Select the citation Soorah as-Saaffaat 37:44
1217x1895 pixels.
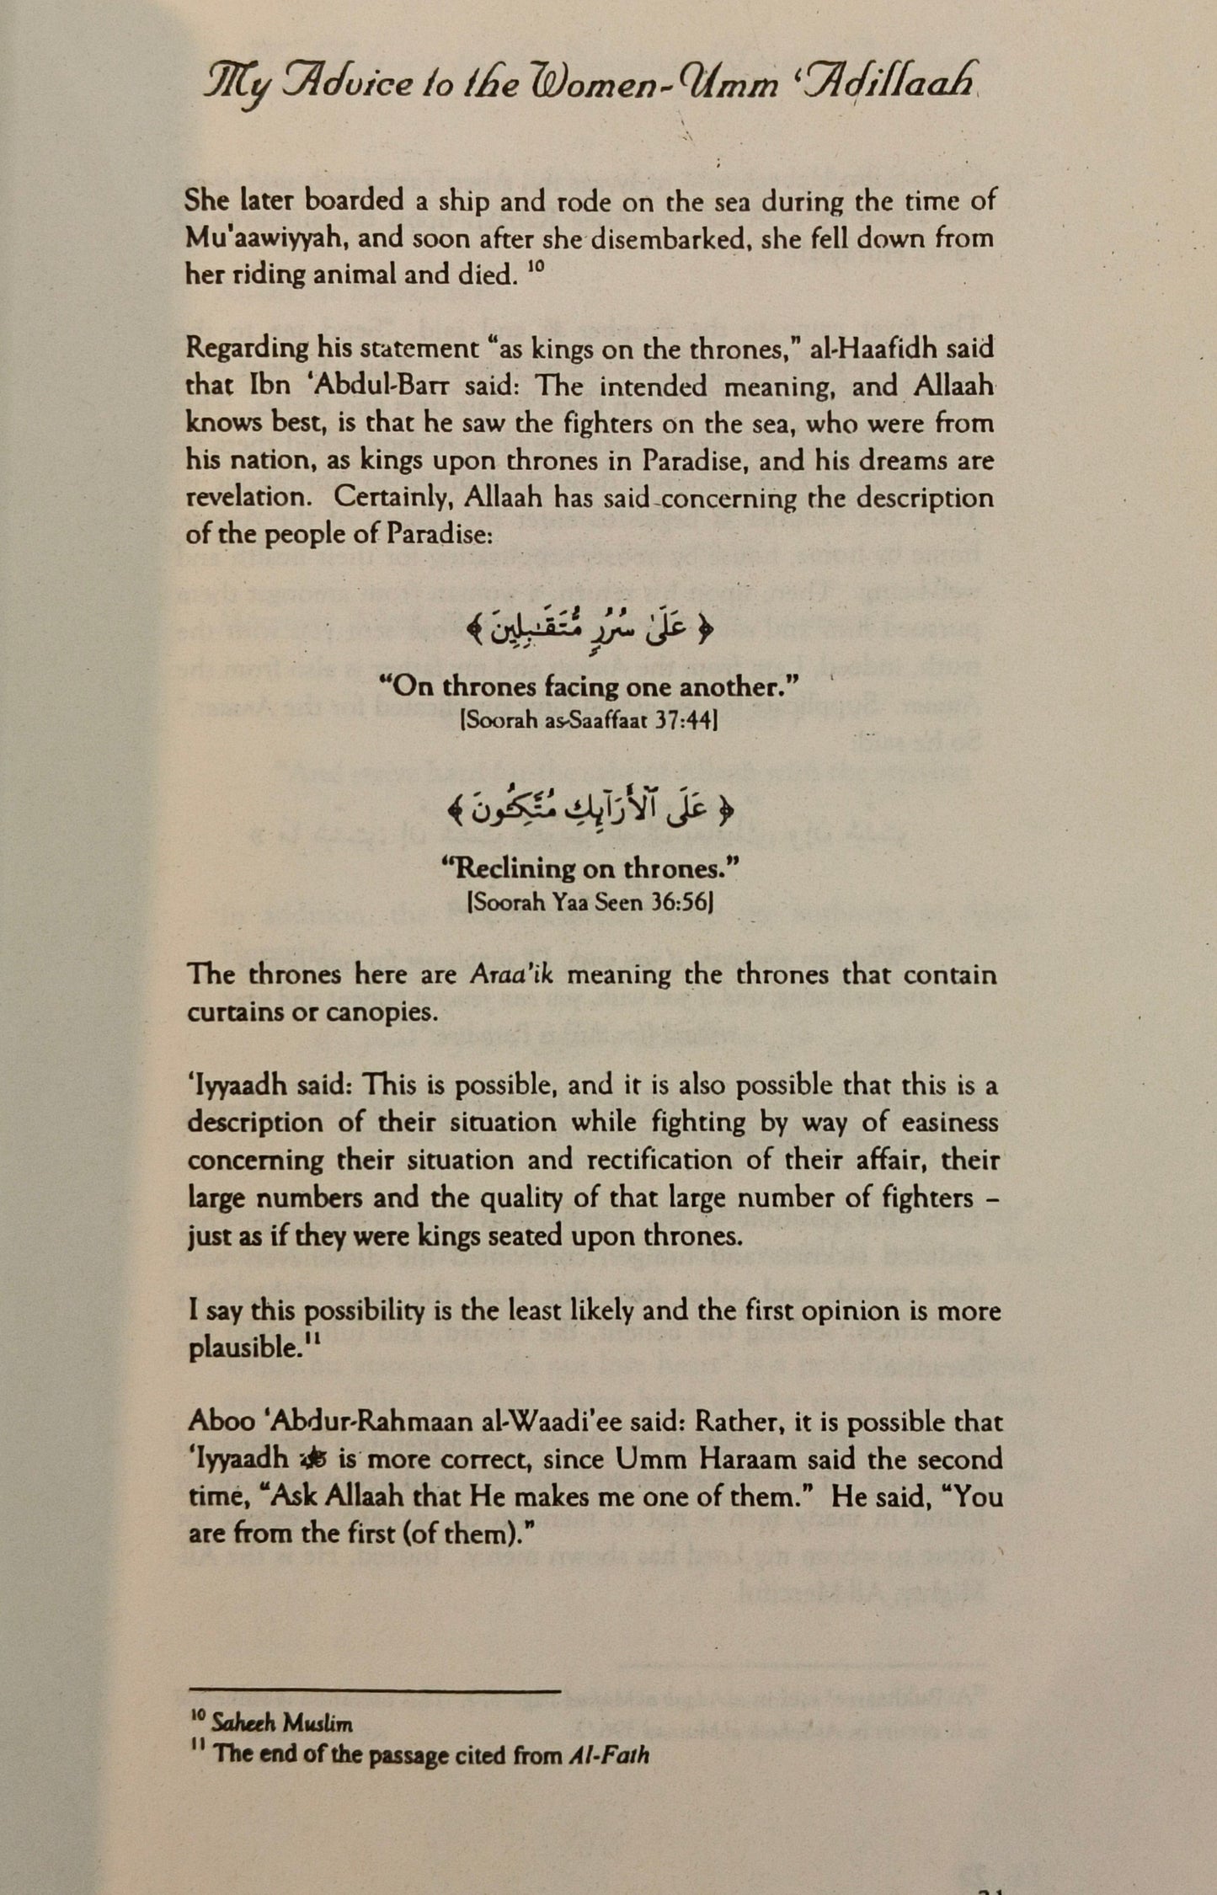(x=589, y=723)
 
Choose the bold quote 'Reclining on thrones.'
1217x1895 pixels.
(x=589, y=868)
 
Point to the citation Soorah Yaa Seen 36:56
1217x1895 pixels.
(x=590, y=905)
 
